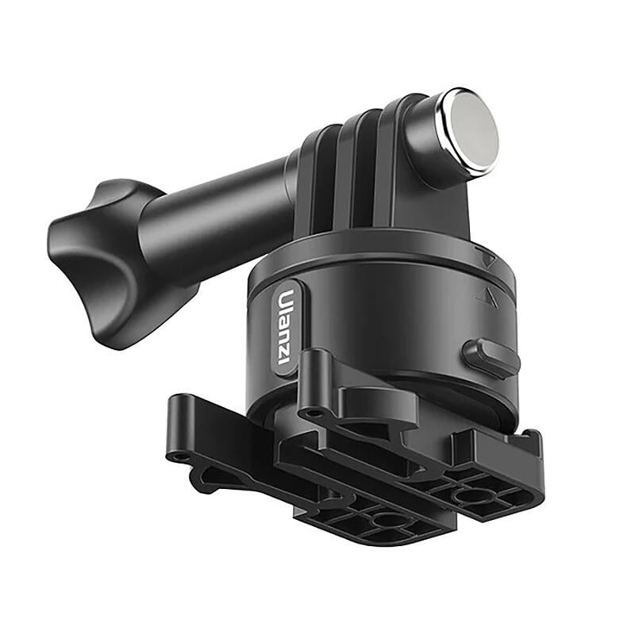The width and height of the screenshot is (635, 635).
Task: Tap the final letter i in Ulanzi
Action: [283, 358]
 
